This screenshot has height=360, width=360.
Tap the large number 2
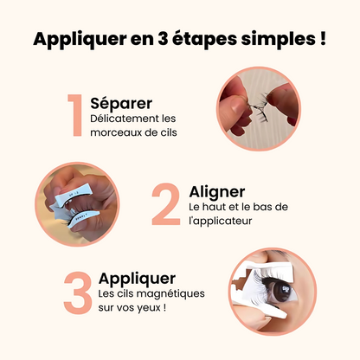tap(165, 204)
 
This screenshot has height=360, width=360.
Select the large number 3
tap(77, 293)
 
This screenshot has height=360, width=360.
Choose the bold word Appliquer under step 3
tap(137, 278)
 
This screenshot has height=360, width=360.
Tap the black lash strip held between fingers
tap(259, 108)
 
